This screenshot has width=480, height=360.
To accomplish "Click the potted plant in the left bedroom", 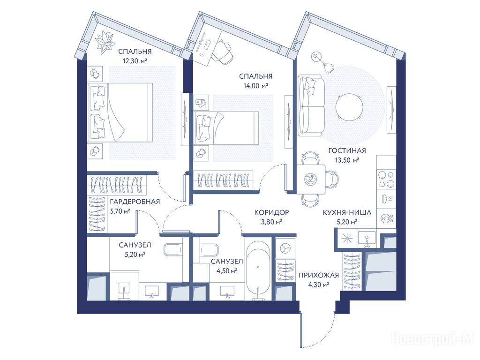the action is (x=104, y=42).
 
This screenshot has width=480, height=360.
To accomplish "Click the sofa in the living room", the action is (x=311, y=105).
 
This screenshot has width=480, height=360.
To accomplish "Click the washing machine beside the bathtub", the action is (x=285, y=247).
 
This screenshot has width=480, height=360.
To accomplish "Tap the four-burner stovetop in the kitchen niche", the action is (x=386, y=180).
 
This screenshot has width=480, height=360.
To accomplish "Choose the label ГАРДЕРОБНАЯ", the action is (x=135, y=202).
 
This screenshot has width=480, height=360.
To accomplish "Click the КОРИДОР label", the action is (x=272, y=212).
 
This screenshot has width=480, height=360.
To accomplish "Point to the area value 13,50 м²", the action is (x=347, y=159).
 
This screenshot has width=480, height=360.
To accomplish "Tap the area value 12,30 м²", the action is (x=135, y=60).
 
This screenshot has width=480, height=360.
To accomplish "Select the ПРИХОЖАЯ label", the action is (x=319, y=275).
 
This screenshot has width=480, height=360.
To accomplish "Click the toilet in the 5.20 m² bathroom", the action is (x=173, y=249).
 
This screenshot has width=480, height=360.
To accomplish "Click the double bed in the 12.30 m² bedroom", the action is (x=120, y=112).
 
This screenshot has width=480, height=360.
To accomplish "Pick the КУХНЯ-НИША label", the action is (x=347, y=212).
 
